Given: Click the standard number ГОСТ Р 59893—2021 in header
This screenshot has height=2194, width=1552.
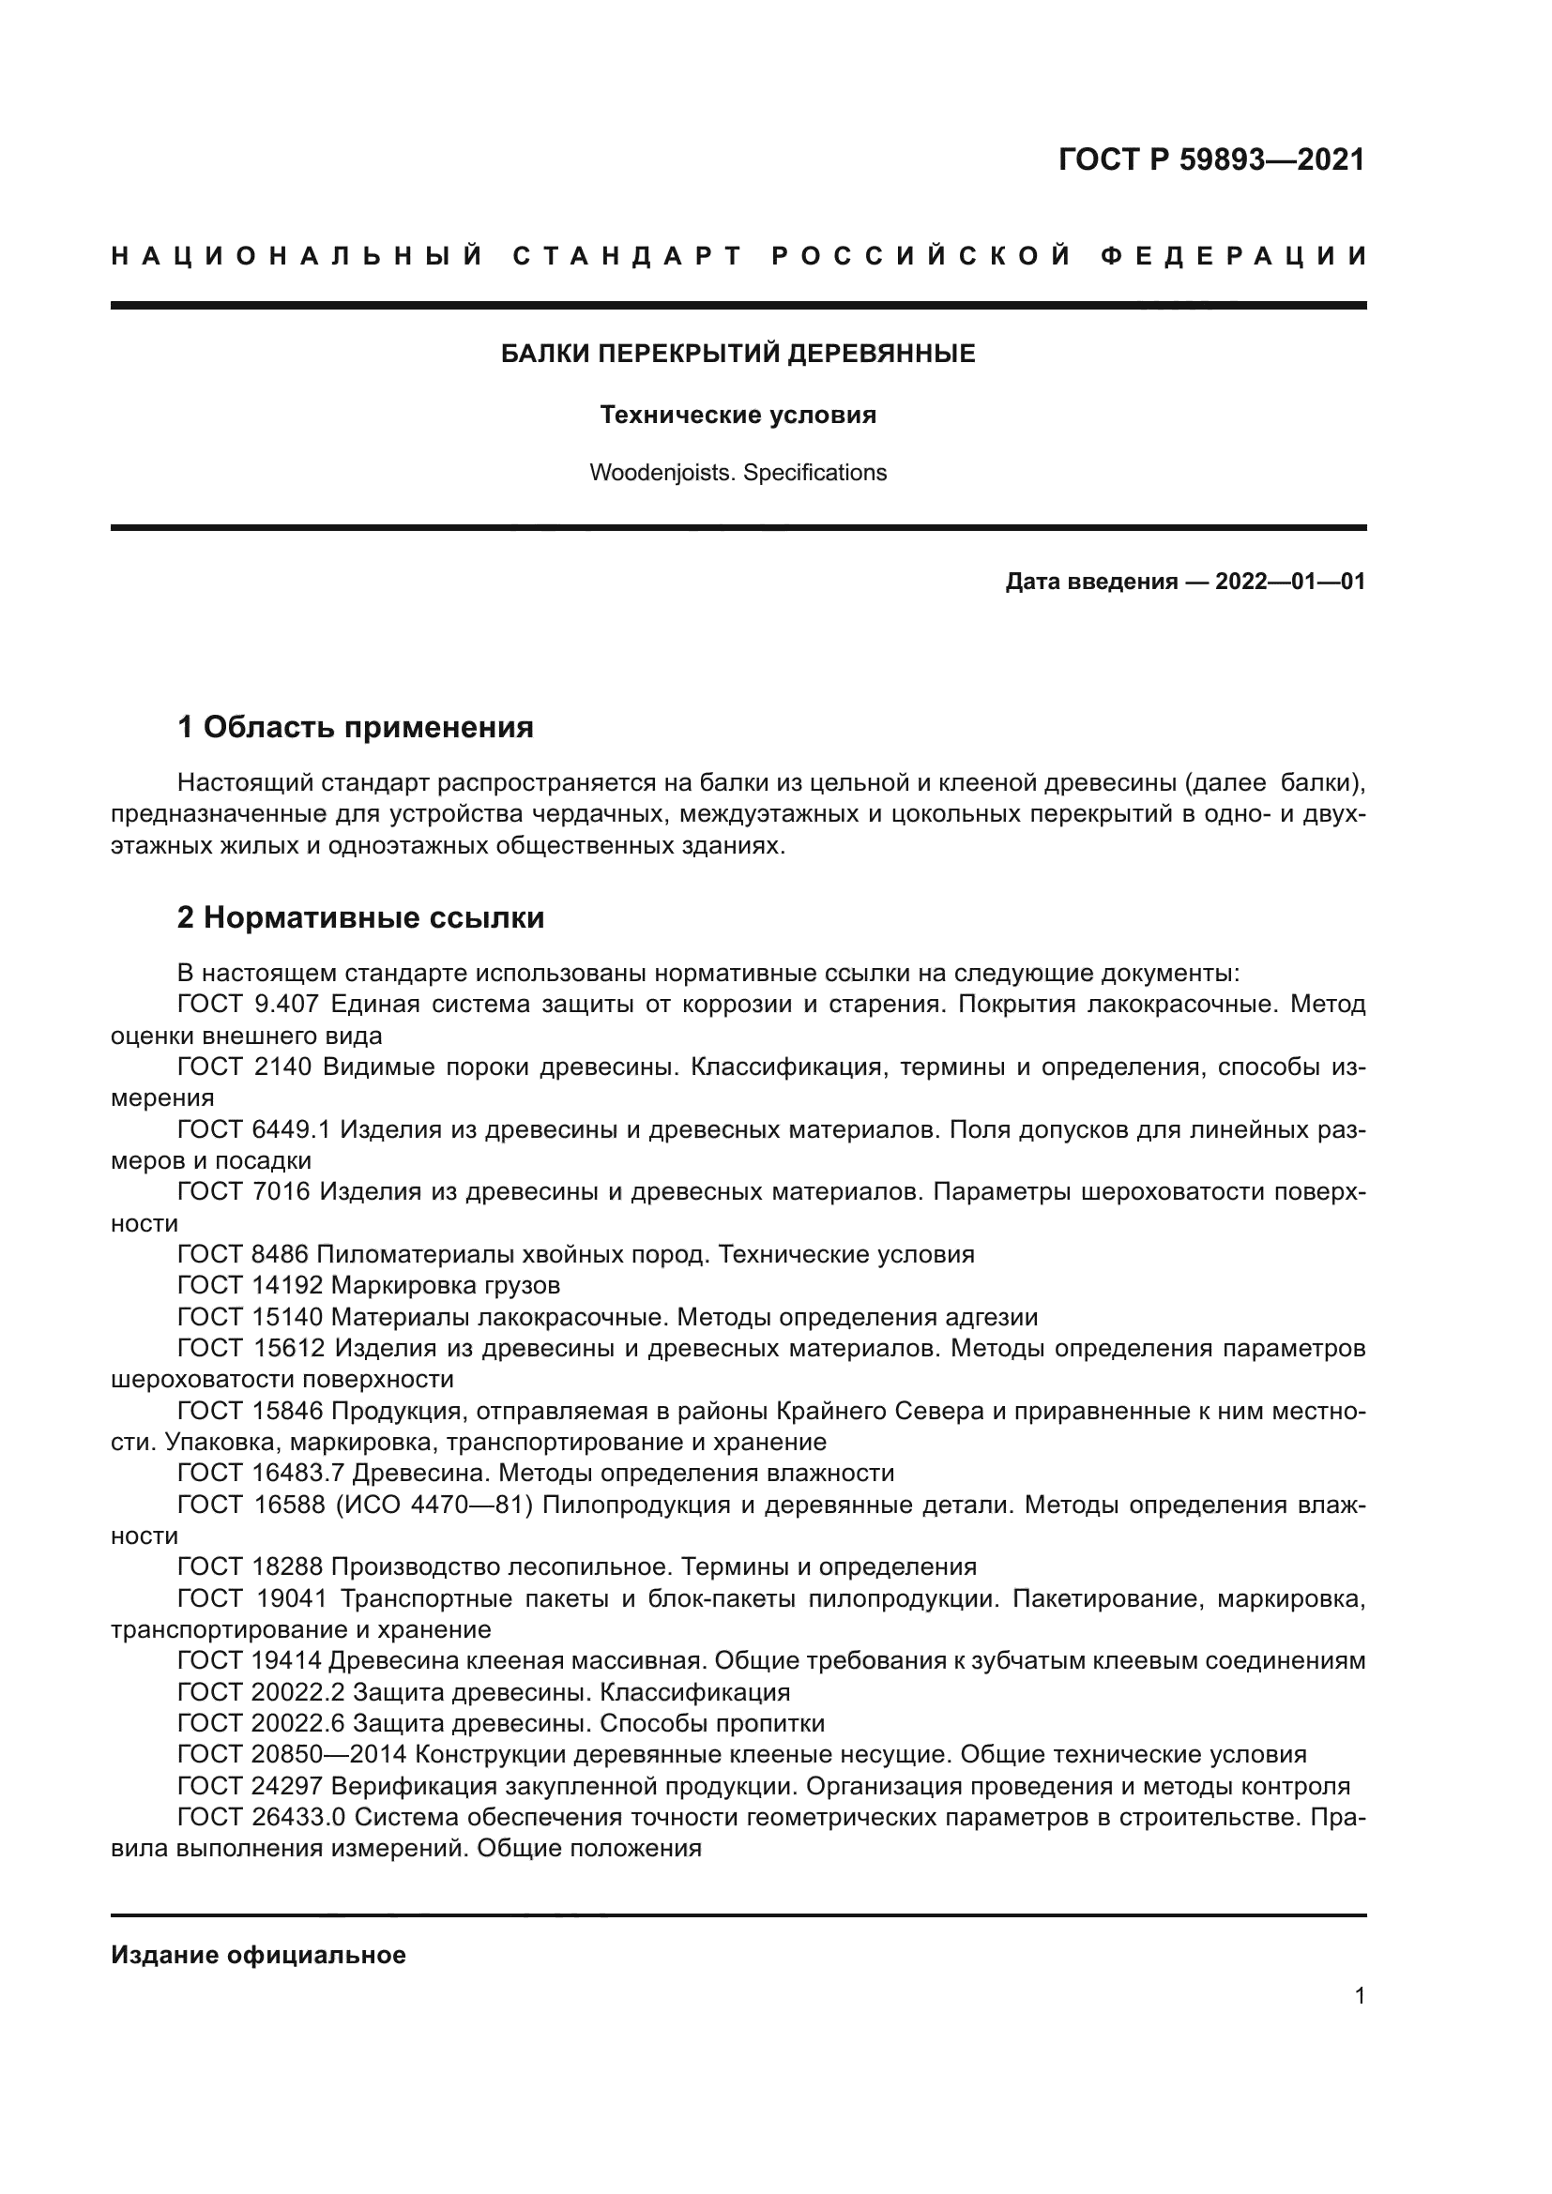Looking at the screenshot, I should (1211, 159).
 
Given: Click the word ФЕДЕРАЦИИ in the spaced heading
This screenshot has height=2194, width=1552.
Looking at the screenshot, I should (1233, 256).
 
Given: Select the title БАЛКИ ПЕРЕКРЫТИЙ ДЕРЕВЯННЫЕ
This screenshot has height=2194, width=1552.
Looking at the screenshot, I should (738, 355).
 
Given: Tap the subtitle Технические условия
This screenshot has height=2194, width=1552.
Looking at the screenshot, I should (738, 416).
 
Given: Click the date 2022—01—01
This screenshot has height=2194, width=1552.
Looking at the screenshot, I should (1289, 582).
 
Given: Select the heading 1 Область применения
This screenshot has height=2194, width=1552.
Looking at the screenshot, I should (355, 728).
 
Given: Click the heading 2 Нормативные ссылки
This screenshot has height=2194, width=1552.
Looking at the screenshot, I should (360, 918).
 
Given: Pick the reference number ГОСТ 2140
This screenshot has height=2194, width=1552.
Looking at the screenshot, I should (245, 1067).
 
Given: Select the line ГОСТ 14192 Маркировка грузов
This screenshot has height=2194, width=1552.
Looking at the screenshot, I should (368, 1285).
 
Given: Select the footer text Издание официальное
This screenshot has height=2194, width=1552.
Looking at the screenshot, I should (258, 1955).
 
